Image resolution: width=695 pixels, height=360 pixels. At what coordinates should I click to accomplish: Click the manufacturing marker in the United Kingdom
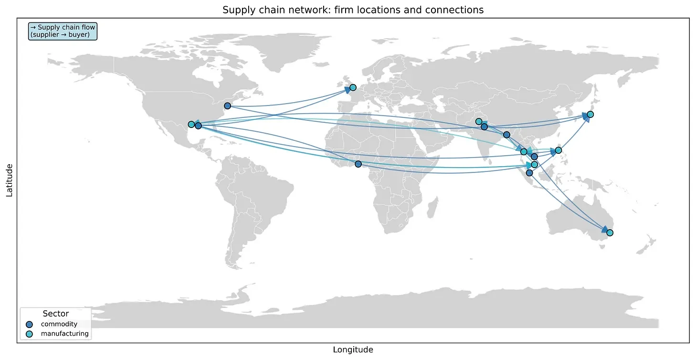coord(353,87)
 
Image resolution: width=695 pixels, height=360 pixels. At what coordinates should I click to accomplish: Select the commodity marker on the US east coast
coord(228,106)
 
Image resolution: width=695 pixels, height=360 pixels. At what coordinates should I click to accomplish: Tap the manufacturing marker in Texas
coord(191,125)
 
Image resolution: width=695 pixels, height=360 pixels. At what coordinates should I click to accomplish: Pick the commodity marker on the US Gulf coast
coord(198,126)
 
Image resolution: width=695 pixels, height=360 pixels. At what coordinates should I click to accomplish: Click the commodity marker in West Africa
coord(358,164)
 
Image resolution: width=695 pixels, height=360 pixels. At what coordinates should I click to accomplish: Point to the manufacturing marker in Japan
coord(590,114)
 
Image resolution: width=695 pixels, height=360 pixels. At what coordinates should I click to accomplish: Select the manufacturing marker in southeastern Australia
coord(610,233)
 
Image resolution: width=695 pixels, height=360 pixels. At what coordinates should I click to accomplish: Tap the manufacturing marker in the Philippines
coord(558,150)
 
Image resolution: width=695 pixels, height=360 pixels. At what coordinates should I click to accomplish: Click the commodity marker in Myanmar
coord(506,135)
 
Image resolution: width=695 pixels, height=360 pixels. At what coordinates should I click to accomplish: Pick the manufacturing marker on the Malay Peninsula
coord(534,165)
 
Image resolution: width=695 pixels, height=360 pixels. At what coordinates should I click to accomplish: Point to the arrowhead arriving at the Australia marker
coord(604,230)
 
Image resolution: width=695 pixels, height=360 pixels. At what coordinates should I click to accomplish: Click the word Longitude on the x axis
coord(353,350)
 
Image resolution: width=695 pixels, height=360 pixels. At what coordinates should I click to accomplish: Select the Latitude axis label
coord(9,180)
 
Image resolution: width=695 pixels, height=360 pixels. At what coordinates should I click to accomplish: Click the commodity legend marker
coord(30,324)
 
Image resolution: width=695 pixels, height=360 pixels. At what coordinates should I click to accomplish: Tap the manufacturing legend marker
coord(30,334)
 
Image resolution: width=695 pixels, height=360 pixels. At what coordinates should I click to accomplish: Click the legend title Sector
coord(55,314)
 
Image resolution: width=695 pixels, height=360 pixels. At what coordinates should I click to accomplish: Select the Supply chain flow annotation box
coord(63,31)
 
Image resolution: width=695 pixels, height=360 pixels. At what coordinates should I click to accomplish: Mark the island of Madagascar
coord(432,208)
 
